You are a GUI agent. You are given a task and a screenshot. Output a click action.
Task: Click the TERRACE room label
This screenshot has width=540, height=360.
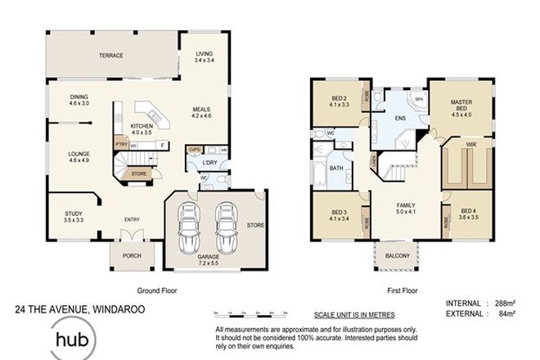[x=111, y=56]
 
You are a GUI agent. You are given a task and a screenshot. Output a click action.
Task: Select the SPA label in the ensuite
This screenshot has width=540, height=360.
[x=419, y=100]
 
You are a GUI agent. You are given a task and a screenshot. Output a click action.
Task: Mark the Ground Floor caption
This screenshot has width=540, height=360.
[x=156, y=290]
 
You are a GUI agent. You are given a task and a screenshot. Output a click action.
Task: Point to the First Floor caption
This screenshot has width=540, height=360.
[x=402, y=290]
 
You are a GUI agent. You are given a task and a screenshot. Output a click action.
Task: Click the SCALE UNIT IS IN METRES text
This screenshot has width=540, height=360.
[x=354, y=314]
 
